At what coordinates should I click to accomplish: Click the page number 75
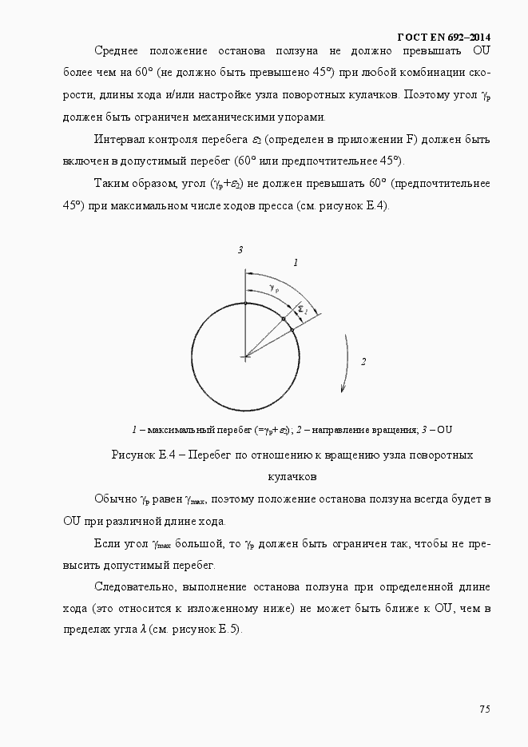[484, 709]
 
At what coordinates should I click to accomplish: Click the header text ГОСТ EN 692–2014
[444, 37]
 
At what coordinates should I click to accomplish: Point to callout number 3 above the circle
[240, 251]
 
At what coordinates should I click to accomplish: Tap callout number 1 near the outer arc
[296, 262]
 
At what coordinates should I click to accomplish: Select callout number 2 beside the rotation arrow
[363, 362]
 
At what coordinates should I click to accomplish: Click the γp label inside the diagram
[274, 288]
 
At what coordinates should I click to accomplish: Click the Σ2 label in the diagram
[302, 309]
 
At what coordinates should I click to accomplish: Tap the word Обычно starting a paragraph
[115, 499]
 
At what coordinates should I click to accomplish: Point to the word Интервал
[118, 139]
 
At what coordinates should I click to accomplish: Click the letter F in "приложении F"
[411, 139]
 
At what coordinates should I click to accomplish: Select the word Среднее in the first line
[118, 51]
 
